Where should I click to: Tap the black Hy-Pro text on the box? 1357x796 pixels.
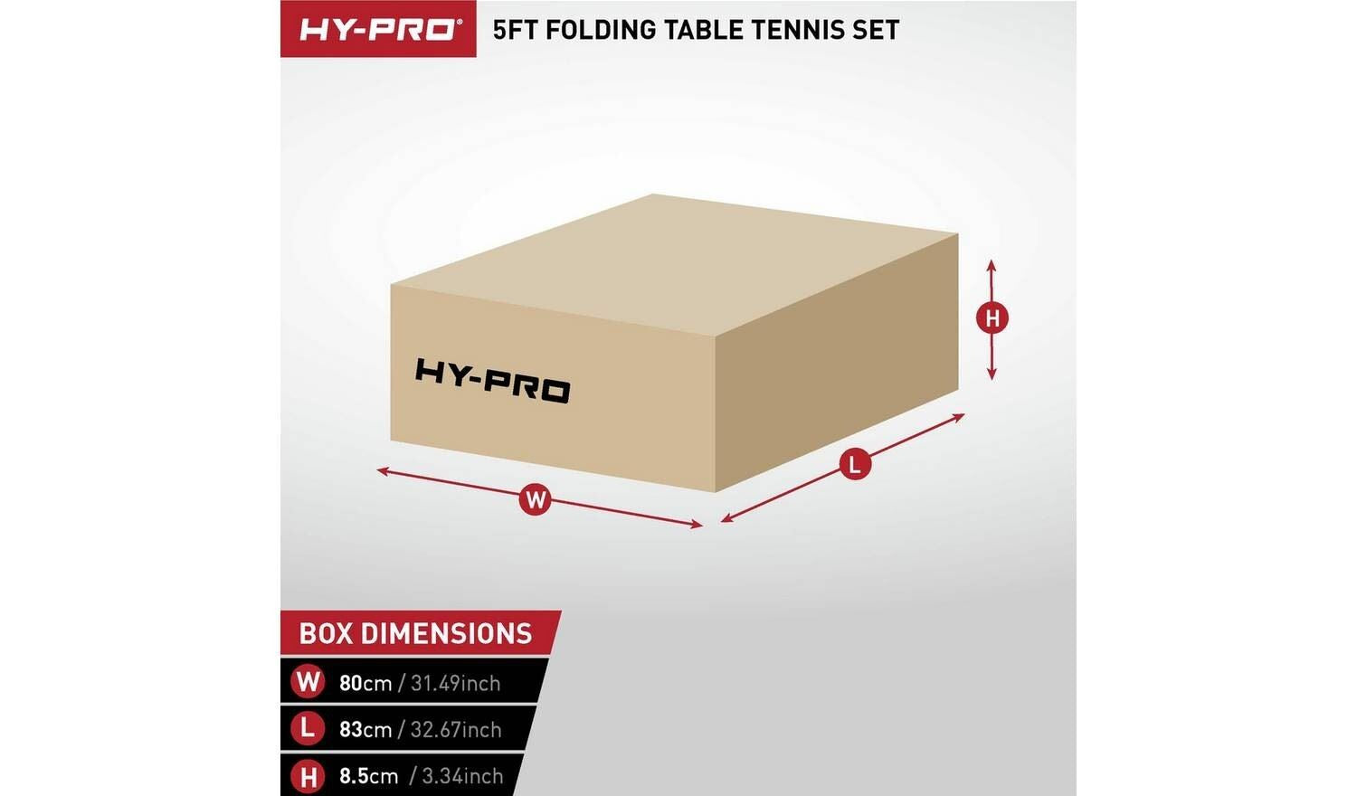(492, 381)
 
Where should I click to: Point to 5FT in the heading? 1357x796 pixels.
(516, 30)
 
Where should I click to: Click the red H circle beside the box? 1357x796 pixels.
(992, 318)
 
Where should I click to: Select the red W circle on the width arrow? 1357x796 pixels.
(536, 500)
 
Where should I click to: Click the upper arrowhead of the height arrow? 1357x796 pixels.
(992, 265)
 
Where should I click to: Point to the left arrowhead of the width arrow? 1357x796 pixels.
(383, 470)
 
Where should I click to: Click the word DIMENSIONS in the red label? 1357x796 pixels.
(447, 634)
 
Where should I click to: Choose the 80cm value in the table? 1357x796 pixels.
(365, 683)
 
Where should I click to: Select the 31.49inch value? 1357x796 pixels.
(456, 683)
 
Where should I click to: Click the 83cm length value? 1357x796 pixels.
(365, 729)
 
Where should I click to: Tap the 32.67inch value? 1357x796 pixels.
(456, 729)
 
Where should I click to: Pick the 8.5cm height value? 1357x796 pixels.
(368, 776)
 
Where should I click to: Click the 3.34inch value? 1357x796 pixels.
(462, 776)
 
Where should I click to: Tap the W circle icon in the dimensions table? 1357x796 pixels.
(308, 682)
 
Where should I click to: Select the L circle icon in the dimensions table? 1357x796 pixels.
(308, 728)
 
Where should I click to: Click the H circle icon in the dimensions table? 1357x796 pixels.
(308, 777)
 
